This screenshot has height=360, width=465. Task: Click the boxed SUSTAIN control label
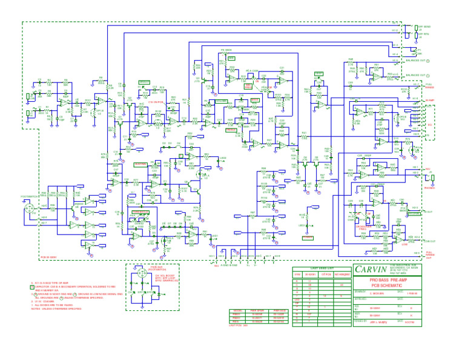(140, 164)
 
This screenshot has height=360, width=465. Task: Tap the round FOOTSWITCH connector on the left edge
(28, 209)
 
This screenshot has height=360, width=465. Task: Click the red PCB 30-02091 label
(48, 257)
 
